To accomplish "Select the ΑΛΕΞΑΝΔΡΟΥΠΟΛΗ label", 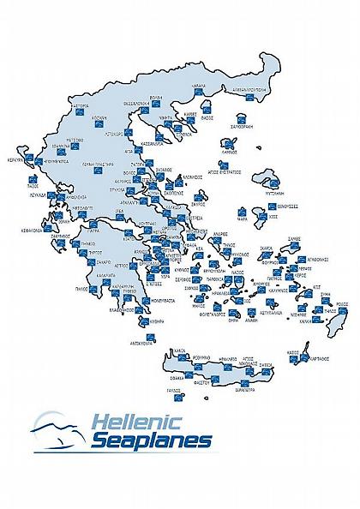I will coord(231,87).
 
